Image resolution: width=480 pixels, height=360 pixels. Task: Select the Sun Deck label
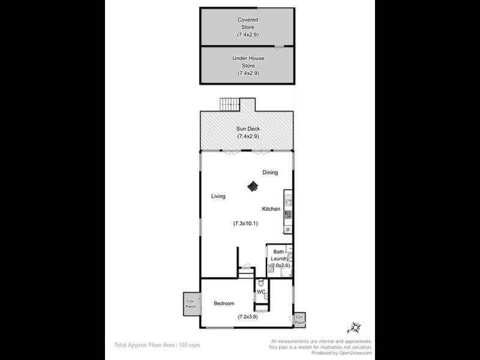point(247,133)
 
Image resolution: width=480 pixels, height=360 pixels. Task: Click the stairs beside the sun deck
point(229,104)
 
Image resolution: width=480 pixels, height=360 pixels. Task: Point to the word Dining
point(270,173)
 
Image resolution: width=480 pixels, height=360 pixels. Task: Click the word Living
point(218,196)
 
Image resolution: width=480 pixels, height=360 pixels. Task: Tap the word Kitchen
point(271,209)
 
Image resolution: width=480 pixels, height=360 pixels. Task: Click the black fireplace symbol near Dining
point(253,187)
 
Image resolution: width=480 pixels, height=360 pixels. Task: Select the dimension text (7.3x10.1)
point(245,224)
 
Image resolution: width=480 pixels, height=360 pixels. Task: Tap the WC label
point(261,292)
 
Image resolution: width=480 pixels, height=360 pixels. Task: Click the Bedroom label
point(224,304)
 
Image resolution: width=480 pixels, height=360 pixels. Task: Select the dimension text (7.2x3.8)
point(247,316)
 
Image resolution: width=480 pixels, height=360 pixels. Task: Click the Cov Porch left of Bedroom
point(191,304)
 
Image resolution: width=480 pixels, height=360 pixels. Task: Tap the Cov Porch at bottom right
point(299,320)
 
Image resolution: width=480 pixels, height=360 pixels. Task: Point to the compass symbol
point(353,328)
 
